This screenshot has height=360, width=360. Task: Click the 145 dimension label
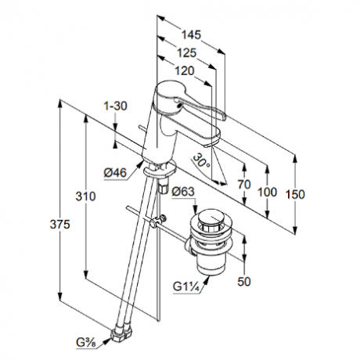191,34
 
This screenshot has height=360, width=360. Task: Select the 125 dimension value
186,52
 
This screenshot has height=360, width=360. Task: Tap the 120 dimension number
185,70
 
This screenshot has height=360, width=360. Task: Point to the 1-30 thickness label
115,106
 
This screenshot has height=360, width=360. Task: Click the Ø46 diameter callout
115,172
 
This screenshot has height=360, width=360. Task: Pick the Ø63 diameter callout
183,192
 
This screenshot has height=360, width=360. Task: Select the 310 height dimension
85,196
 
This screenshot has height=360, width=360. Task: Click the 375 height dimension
60,224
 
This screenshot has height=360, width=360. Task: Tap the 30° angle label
201,160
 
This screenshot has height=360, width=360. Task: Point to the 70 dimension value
244,185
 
